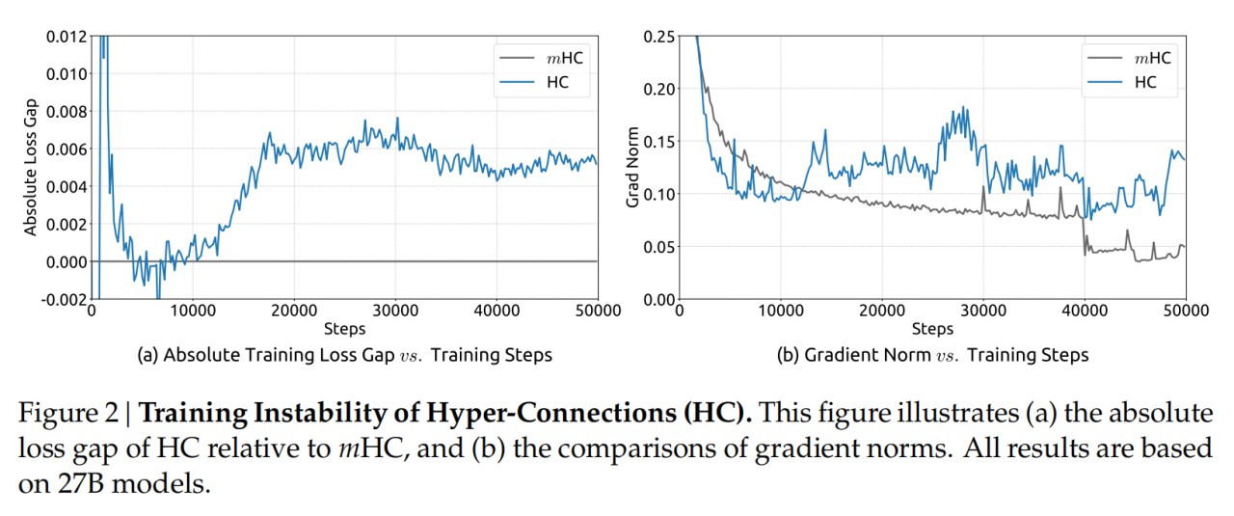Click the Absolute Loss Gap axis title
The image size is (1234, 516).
point(30,168)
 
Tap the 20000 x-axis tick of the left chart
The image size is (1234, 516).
point(293,312)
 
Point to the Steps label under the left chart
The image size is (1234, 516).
point(344,330)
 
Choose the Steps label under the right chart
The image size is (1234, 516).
point(932,330)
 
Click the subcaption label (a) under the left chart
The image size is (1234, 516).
point(148,355)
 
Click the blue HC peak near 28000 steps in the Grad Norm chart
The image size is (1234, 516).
point(960,108)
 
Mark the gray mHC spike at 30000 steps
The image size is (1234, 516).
point(982,187)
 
